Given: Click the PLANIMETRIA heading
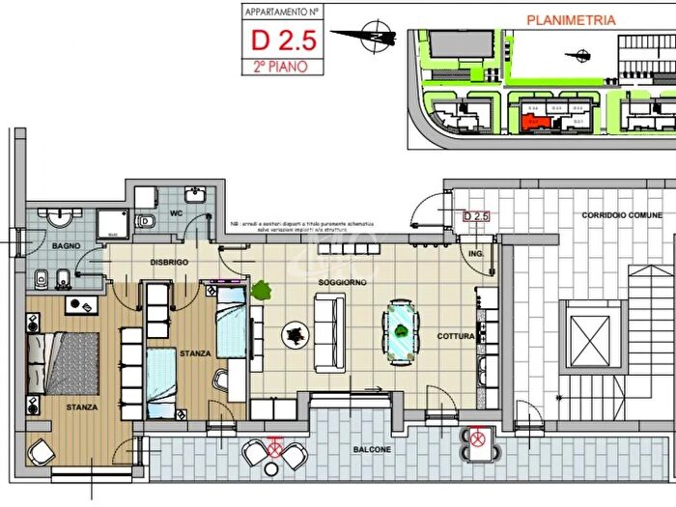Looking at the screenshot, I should pyautogui.click(x=570, y=18).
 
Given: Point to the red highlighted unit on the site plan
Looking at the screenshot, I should pyautogui.click(x=531, y=122).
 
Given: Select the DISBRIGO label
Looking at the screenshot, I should pyautogui.click(x=168, y=263).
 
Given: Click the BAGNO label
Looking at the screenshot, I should pyautogui.click(x=66, y=247).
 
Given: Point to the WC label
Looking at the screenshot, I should pyautogui.click(x=176, y=212).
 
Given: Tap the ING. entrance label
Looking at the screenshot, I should pyautogui.click(x=475, y=255).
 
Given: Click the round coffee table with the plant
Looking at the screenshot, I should pyautogui.click(x=295, y=335).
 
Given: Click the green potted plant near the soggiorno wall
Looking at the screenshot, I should pyautogui.click(x=261, y=289).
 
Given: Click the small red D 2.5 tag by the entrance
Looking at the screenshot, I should pyautogui.click(x=478, y=216).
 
